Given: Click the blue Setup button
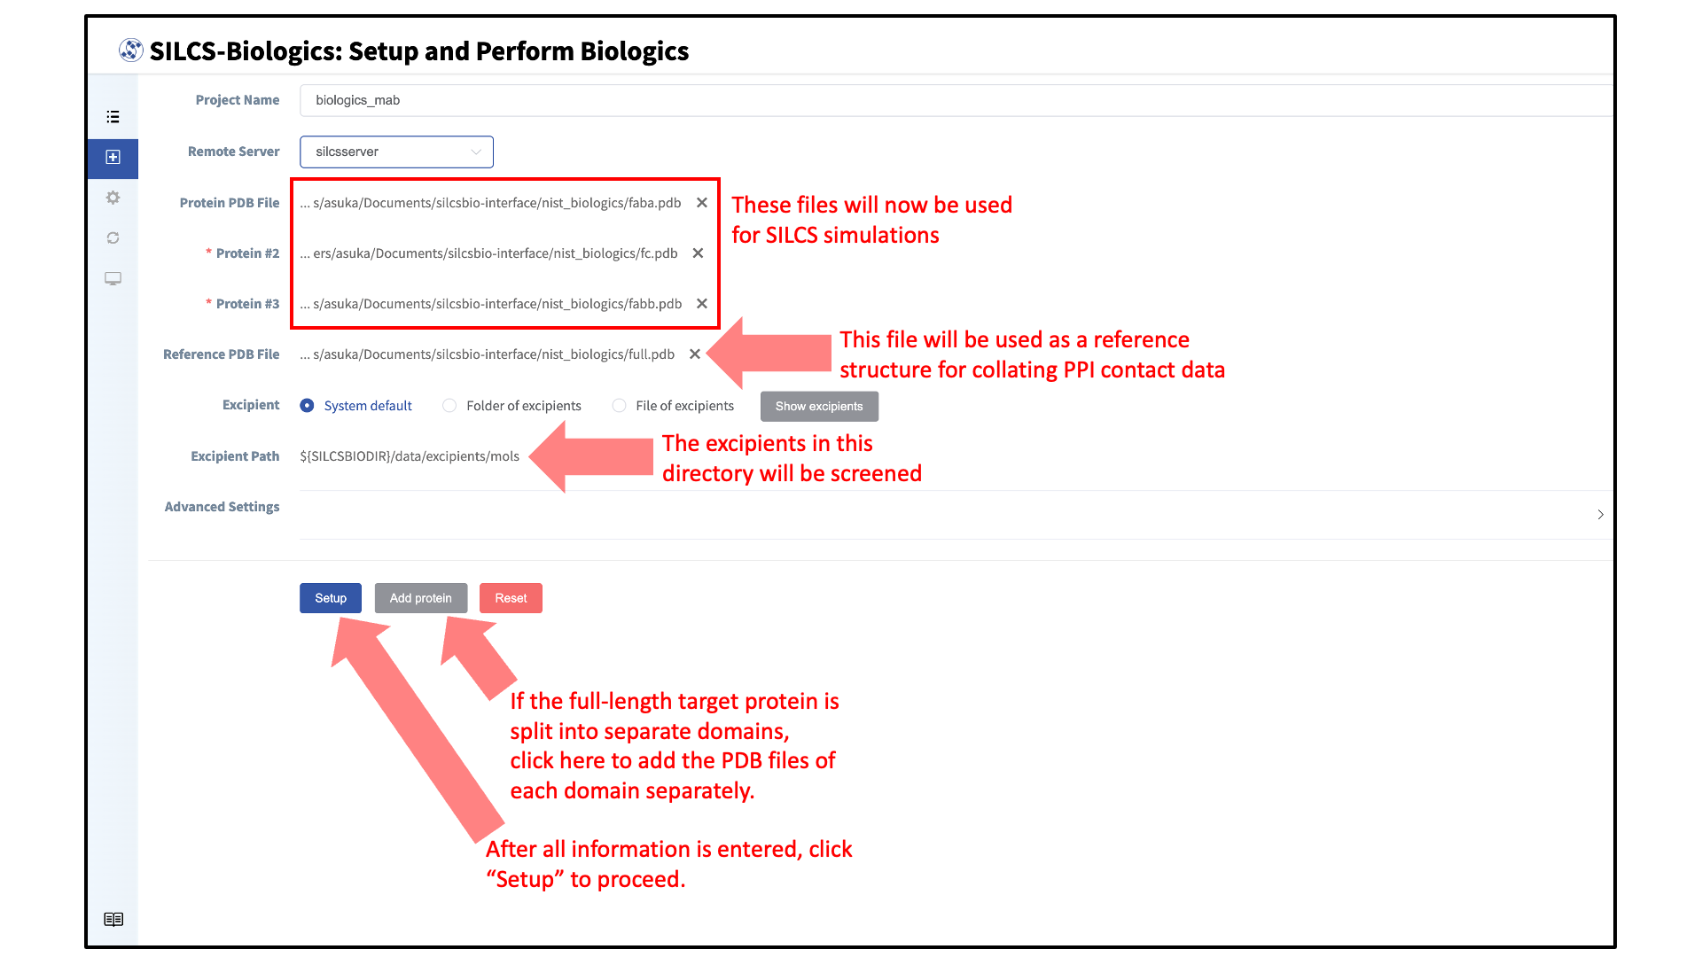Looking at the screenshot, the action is point(331,598).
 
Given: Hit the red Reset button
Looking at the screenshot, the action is point(511,598).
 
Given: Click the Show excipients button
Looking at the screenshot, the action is point(819,406).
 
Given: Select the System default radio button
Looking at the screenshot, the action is point(307,405).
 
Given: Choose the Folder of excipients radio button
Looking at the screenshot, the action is point(449,405).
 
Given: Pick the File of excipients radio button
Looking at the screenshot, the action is point(619,405).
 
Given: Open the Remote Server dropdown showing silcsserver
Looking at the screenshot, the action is point(396,152).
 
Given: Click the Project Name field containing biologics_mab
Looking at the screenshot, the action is point(956,100).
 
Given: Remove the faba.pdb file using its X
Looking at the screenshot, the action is point(702,203).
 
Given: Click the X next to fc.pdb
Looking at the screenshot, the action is point(699,253).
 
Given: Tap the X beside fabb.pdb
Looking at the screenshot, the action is point(702,304).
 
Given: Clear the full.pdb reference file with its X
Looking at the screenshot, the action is point(695,354).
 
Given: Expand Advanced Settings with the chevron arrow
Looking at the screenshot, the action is point(1600,514).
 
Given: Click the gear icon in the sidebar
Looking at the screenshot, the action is point(113,198).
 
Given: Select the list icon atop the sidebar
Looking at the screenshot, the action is point(113,117).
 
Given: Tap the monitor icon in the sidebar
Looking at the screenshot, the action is point(113,278).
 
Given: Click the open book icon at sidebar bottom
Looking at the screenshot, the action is point(113,919).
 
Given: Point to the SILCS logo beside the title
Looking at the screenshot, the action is point(131,51).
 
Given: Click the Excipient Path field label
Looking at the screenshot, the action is point(235,456).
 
